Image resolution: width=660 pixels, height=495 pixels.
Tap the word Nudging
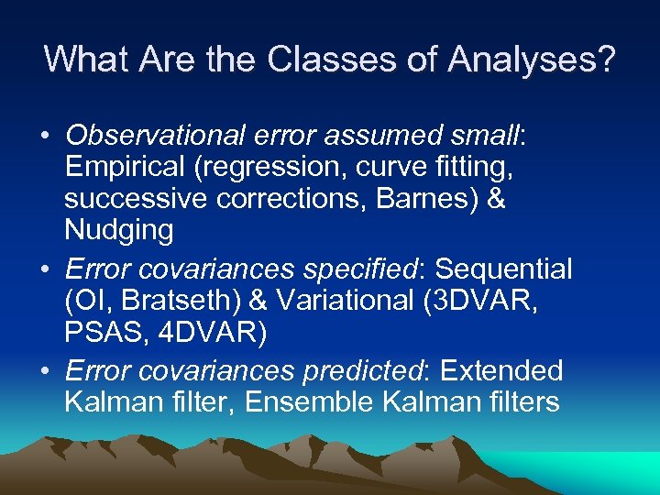(x=118, y=230)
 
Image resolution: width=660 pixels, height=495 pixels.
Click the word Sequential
(x=503, y=269)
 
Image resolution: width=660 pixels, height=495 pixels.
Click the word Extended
(x=501, y=371)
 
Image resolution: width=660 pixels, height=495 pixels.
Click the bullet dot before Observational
(x=45, y=137)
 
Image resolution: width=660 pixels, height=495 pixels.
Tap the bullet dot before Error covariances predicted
(x=45, y=372)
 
